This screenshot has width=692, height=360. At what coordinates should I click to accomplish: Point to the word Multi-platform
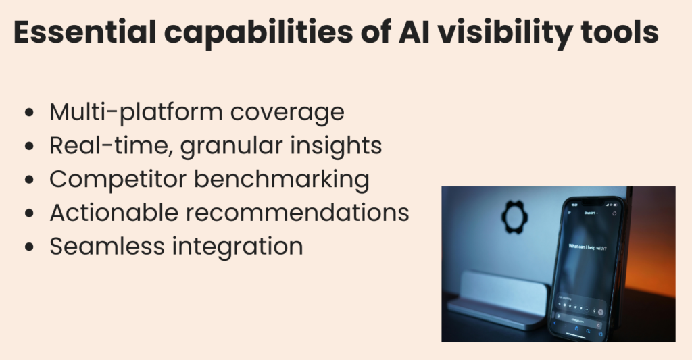134,112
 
